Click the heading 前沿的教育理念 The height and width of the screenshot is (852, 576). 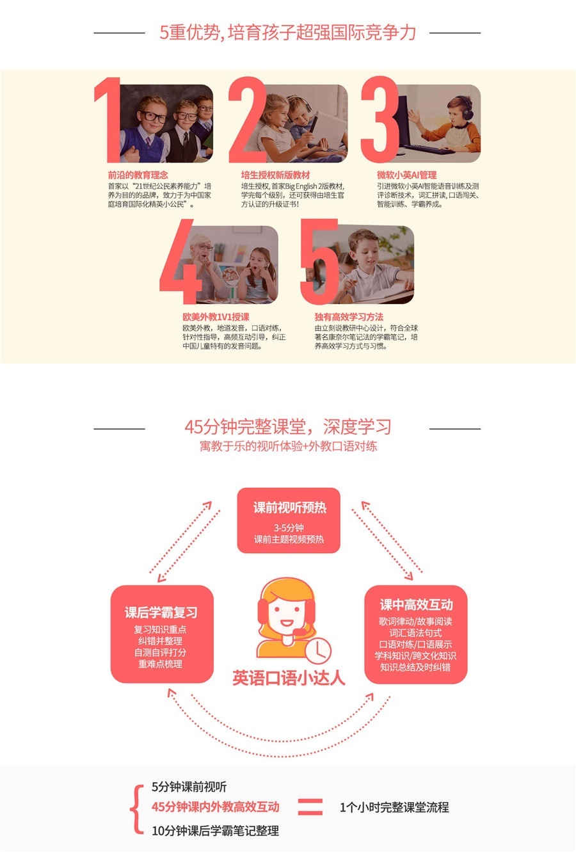[138, 175]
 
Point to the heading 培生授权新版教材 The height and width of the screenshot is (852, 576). [275, 175]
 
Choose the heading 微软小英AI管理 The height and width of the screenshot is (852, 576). [407, 175]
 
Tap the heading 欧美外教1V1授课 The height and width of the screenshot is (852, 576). [216, 317]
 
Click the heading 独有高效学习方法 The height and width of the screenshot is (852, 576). [349, 317]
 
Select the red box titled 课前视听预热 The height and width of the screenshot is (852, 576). [289, 520]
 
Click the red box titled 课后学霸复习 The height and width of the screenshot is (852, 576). [161, 634]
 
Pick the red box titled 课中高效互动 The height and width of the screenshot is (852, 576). [416, 634]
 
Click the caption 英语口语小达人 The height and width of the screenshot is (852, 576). [289, 678]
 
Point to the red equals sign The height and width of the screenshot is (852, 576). [310, 807]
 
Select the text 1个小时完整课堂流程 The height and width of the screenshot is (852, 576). [394, 807]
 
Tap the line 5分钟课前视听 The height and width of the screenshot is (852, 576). [189, 787]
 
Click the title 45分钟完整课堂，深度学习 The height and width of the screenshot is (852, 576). [287, 427]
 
